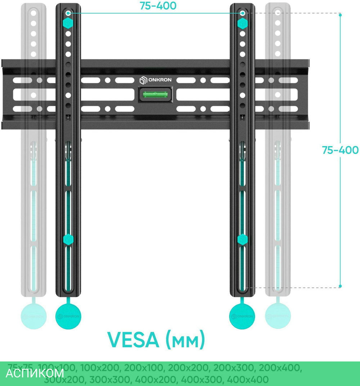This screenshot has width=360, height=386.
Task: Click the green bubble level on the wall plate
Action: click(x=155, y=95)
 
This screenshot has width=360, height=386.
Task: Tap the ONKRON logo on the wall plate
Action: click(x=156, y=80)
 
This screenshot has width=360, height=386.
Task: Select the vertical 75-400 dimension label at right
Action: click(x=340, y=150)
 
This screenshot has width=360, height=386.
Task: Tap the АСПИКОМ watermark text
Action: click(x=35, y=373)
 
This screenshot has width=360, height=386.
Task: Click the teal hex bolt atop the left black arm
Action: click(x=68, y=24)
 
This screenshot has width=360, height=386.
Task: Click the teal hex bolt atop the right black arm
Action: click(x=242, y=24)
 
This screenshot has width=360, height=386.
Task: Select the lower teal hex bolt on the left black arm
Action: click(x=68, y=239)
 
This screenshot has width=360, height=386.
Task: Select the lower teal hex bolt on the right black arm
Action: click(x=242, y=239)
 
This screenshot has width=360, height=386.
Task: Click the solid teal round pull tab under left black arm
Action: click(x=68, y=315)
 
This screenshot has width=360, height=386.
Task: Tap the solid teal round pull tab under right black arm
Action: click(x=242, y=315)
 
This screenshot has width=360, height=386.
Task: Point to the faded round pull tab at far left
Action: click(x=33, y=316)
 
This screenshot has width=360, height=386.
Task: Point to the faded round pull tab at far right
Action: click(x=278, y=316)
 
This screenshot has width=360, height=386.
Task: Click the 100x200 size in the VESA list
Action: click(x=100, y=368)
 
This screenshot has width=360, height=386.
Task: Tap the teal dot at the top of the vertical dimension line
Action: click(x=340, y=15)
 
